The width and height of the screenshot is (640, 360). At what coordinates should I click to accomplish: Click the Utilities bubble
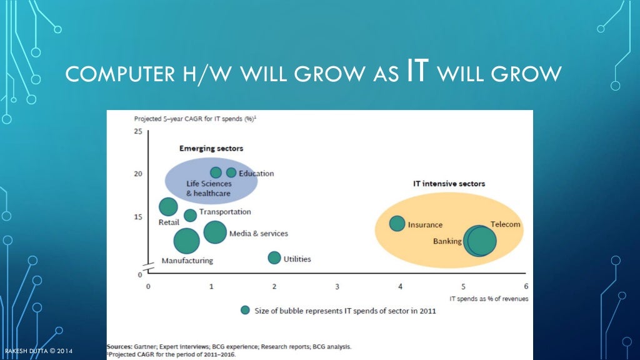tap(274, 257)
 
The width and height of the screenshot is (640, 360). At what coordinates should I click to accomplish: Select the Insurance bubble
tap(397, 223)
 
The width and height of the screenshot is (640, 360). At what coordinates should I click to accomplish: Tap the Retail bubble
tap(168, 207)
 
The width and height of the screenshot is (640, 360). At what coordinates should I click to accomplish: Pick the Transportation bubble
tap(190, 216)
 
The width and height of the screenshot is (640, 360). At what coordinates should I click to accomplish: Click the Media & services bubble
tap(215, 232)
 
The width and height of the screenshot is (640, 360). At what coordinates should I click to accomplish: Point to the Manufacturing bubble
tap(186, 241)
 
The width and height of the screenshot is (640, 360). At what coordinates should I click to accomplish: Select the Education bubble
tap(231, 172)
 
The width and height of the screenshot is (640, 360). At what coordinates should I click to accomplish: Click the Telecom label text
tap(505, 224)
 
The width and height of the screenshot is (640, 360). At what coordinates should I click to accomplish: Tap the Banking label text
tap(447, 241)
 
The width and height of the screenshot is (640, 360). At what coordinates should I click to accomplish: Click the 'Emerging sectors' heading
tap(211, 149)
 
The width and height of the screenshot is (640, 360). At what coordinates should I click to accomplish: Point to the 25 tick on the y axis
tap(137, 131)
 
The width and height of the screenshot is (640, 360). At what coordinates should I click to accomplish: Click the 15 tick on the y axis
tap(137, 217)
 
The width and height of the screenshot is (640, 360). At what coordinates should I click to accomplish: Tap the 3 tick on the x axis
tap(337, 286)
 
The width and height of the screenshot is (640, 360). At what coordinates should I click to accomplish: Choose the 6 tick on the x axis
tap(526, 286)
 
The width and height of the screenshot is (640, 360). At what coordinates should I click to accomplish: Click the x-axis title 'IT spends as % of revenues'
tap(489, 299)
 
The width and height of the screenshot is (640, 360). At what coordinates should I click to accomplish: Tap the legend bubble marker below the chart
tap(246, 311)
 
